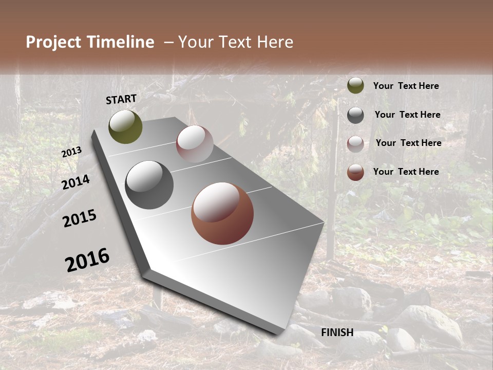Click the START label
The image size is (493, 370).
tap(121, 99)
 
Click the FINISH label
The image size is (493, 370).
tap(337, 332)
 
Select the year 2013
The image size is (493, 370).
tap(72, 152)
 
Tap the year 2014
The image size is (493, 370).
tap(76, 182)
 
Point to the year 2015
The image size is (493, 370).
tap(80, 218)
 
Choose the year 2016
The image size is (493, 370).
tap(87, 260)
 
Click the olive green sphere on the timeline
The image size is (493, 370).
tap(125, 127)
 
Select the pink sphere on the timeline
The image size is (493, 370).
tap(195, 144)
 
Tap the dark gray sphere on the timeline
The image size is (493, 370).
tap(149, 185)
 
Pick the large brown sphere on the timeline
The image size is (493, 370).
tap(222, 213)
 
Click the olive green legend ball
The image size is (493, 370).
tap(355, 86)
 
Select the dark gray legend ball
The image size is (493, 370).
tap(355, 115)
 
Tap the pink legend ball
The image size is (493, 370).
tap(355, 144)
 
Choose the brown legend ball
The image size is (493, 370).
tap(355, 172)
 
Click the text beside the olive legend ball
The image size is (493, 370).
tap(406, 86)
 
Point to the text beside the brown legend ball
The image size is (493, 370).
tap(406, 172)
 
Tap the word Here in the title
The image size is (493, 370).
tap(271, 42)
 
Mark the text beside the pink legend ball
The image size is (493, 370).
tap(408, 143)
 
